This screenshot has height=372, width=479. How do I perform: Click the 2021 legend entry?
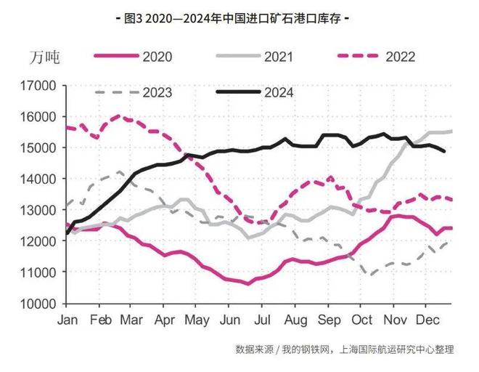tap(277, 56)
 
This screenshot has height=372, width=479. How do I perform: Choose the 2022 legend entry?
tap(398, 56)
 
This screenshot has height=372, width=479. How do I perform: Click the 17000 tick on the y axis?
tap(41, 86)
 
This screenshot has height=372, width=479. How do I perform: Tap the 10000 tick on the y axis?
tap(41, 303)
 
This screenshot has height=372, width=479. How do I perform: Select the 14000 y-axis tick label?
tap(41, 179)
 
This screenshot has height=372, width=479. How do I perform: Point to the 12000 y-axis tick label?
tap(41, 241)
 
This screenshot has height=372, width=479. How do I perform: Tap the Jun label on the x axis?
tap(229, 319)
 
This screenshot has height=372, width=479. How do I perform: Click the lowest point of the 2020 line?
tap(247, 283)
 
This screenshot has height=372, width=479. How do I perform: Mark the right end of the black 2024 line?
tap(445, 151)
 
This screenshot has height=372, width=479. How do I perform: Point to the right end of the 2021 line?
tap(452, 132)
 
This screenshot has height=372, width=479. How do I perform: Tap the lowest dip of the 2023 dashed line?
tap(372, 275)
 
